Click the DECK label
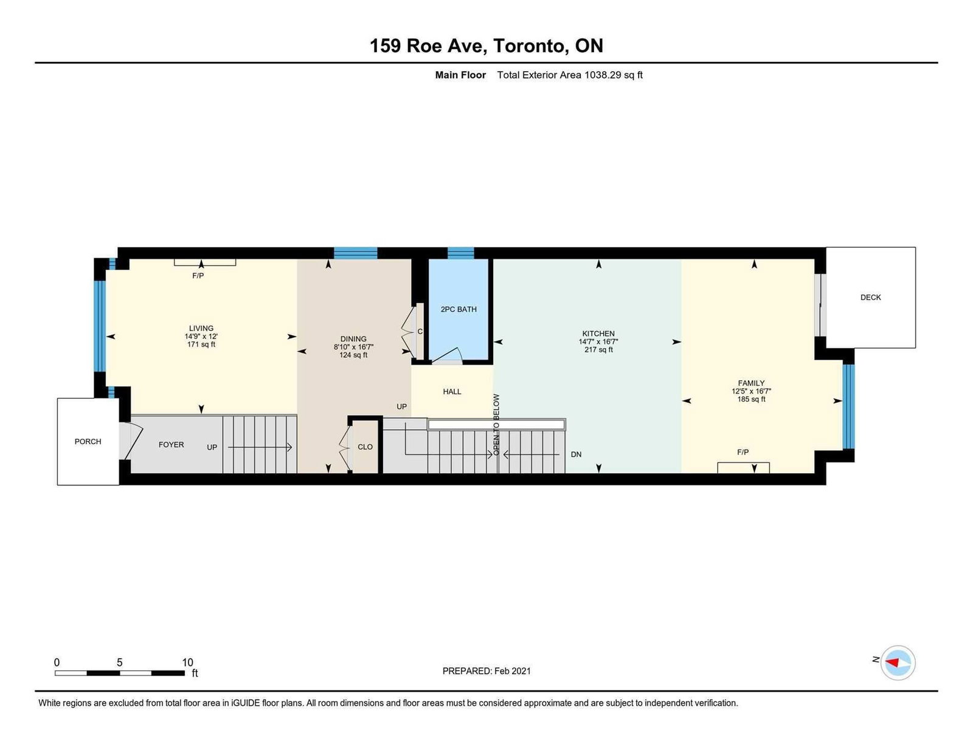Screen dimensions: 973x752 pyautogui.click(x=870, y=298)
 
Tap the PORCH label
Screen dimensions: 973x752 pyautogui.click(x=88, y=442)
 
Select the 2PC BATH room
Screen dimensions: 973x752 pyautogui.click(x=459, y=310)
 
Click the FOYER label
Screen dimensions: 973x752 pyautogui.click(x=171, y=445)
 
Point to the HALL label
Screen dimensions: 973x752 pyautogui.click(x=452, y=392)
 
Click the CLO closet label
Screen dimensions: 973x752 pyautogui.click(x=365, y=447)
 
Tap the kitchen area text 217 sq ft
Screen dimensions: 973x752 pyautogui.click(x=598, y=350)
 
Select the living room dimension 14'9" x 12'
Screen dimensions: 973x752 pyautogui.click(x=201, y=336)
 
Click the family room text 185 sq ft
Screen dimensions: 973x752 pyautogui.click(x=751, y=399)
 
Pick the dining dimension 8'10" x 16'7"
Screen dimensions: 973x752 pyautogui.click(x=353, y=347)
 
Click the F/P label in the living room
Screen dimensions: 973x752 pyautogui.click(x=198, y=276)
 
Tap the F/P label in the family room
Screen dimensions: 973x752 pyautogui.click(x=743, y=453)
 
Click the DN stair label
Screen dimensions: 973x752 pyautogui.click(x=576, y=454)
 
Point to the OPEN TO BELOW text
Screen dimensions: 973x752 pyautogui.click(x=496, y=425)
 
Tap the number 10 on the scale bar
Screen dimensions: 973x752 pyautogui.click(x=187, y=663)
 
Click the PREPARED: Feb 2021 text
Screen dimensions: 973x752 pyautogui.click(x=486, y=671)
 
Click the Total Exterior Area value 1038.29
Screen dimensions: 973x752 pyautogui.click(x=603, y=75)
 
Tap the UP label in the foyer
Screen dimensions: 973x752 pyautogui.click(x=212, y=447)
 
